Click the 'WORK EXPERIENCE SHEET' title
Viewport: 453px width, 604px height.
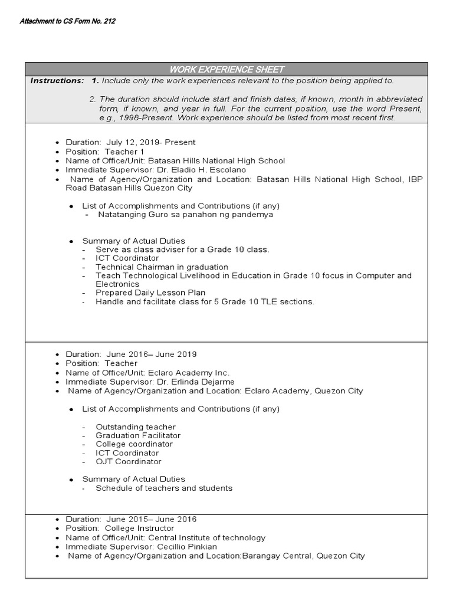pos(226,70)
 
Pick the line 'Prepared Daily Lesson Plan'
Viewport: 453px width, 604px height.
pos(150,293)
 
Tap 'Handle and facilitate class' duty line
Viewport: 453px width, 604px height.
pos(205,301)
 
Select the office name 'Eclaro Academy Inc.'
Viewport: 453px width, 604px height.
pos(188,373)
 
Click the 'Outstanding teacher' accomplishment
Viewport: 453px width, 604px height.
pos(136,426)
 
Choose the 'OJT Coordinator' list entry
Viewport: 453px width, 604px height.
pos(128,461)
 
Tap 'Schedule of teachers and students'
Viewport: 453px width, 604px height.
pos(164,488)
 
